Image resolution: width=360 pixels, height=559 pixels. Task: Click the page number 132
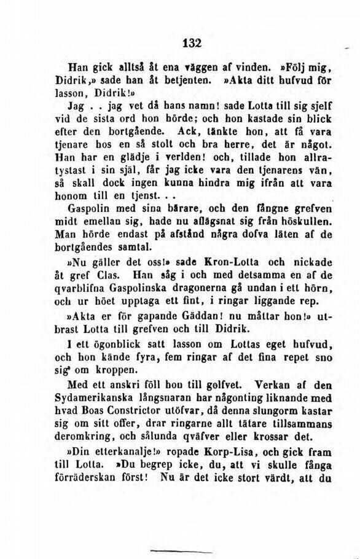[192, 43]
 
